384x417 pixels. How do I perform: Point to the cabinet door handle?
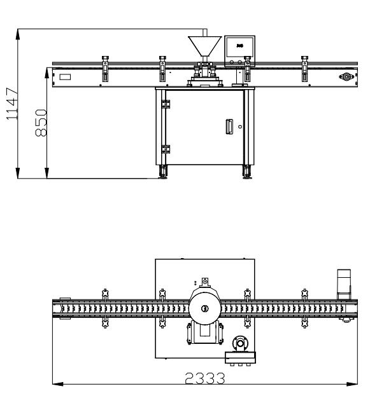[x=229, y=127]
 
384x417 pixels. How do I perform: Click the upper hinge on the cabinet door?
[x=166, y=103]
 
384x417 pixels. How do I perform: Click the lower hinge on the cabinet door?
[x=166, y=149]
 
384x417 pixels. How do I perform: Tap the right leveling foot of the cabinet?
[x=247, y=171]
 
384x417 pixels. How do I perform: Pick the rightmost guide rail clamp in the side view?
[x=305, y=69]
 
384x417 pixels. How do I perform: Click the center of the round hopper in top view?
[x=204, y=308]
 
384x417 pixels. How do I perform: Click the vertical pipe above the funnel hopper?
[x=204, y=32]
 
